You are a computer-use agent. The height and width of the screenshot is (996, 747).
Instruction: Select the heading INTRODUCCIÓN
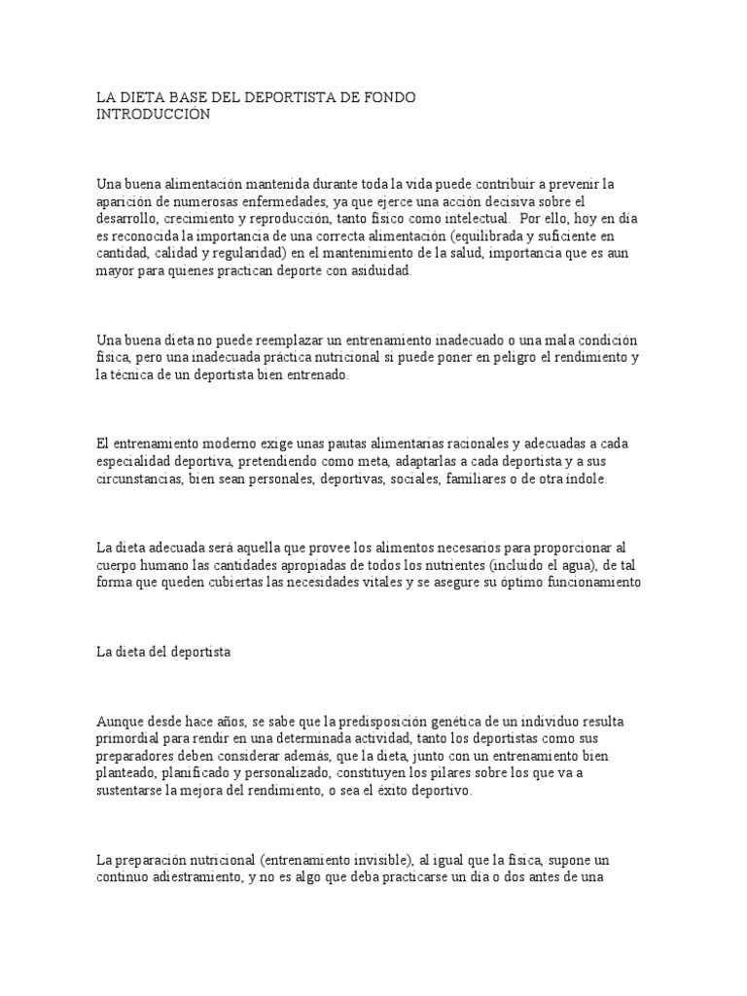(x=153, y=114)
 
